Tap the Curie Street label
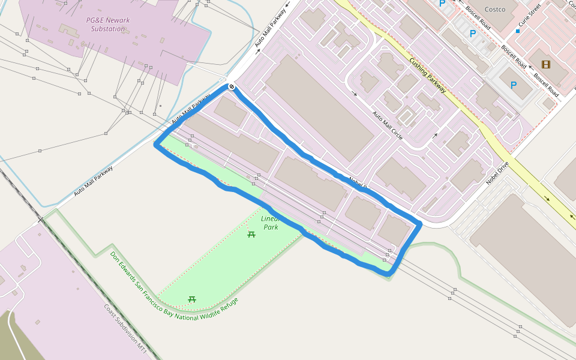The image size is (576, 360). click(530, 17)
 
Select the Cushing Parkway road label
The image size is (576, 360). click(428, 75)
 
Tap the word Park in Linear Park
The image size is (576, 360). click(271, 227)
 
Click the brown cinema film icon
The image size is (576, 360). click(545, 64)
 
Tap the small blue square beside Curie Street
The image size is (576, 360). click(517, 31)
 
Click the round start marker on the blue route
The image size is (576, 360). click(232, 88)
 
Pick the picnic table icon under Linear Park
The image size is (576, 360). click(251, 234)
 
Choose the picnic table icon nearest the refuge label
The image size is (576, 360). click(192, 298)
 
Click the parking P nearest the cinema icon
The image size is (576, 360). click(514, 85)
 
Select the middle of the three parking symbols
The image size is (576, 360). click(472, 34)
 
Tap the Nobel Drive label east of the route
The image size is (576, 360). click(497, 173)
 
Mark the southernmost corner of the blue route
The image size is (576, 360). click(389, 274)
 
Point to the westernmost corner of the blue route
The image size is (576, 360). click(157, 145)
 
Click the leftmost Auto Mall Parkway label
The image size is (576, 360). click(94, 181)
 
